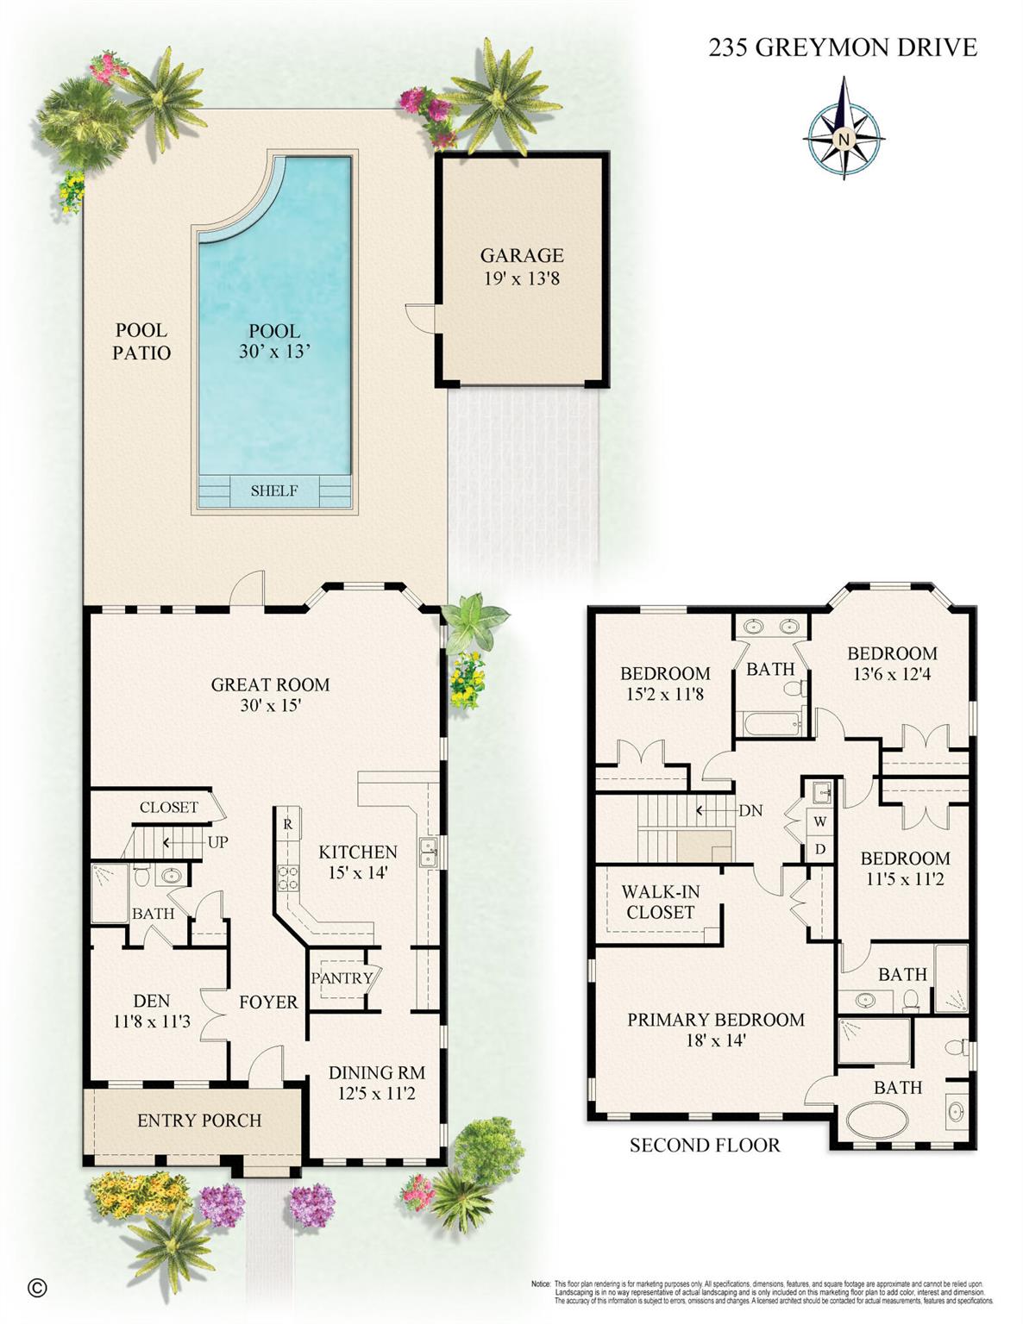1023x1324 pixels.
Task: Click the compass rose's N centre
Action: pos(844,139)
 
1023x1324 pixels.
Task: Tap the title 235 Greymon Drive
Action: pos(842,47)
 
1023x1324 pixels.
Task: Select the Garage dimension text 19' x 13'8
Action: pos(521,278)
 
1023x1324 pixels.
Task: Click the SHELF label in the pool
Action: pos(274,491)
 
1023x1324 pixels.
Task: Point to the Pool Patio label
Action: pos(141,341)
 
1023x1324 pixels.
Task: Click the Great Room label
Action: pos(270,685)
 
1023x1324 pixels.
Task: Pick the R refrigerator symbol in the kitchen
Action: pos(287,824)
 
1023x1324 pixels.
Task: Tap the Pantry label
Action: pos(342,978)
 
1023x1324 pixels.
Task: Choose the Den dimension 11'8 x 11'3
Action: pos(152,1022)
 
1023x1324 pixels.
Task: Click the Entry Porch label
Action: pos(199,1121)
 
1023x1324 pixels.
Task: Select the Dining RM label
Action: pos(377,1073)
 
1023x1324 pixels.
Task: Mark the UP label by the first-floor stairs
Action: pos(217,842)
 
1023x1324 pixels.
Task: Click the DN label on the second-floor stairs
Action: pos(750,811)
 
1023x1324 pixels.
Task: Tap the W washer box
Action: pos(819,821)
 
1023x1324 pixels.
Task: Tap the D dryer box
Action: pos(819,849)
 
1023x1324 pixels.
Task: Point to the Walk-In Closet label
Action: pos(660,902)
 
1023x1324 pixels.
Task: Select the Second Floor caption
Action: pos(705,1146)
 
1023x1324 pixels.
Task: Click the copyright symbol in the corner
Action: pos(37,1288)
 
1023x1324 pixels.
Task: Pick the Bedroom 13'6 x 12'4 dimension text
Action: pos(892,674)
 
